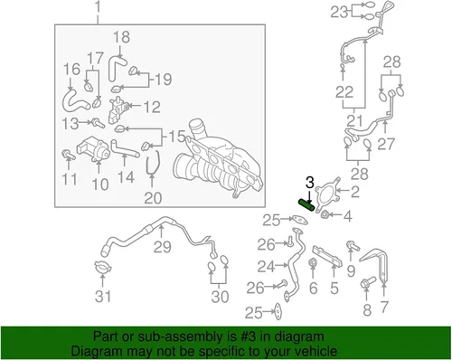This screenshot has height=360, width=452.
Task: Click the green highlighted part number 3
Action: point(306,205)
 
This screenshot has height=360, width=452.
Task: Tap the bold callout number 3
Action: point(310,183)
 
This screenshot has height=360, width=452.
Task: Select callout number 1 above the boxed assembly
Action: point(98,6)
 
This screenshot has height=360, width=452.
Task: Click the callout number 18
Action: point(121,37)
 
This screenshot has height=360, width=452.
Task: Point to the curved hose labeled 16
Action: point(73,101)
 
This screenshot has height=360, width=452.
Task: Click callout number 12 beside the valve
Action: point(152,107)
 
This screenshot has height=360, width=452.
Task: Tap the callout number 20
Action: point(153,198)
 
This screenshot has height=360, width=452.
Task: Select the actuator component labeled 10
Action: point(94,148)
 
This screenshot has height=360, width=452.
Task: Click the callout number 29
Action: point(163,247)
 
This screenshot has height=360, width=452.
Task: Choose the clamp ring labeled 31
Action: point(103,268)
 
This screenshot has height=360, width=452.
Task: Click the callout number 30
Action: point(220,297)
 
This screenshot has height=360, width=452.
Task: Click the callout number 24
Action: point(266,267)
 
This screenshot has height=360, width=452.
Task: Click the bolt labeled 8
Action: point(368,282)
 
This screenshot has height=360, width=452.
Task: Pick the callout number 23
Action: point(339,13)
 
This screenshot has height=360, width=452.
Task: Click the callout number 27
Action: point(386,144)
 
